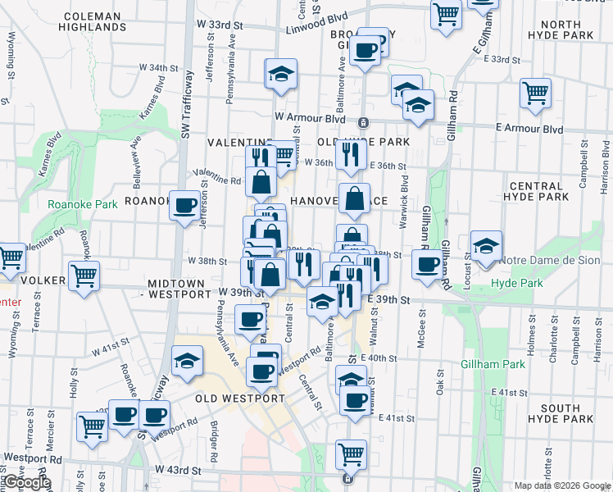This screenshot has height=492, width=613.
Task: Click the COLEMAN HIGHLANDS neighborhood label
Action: pyautogui.click(x=93, y=21)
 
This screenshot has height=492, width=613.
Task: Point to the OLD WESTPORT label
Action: pyautogui.click(x=240, y=399)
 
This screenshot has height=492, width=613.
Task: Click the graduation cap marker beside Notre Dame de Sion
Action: pyautogui.click(x=486, y=246)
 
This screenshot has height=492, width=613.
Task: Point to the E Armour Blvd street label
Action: pyautogui.click(x=530, y=129)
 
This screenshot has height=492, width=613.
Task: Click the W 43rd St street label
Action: pyautogui.click(x=178, y=471)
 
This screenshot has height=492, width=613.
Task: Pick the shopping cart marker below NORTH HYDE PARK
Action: pyautogui.click(x=535, y=92)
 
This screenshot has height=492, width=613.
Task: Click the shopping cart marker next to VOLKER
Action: pyautogui.click(x=84, y=276)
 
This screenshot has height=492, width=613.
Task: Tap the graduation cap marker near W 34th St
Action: pyautogui.click(x=280, y=73)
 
